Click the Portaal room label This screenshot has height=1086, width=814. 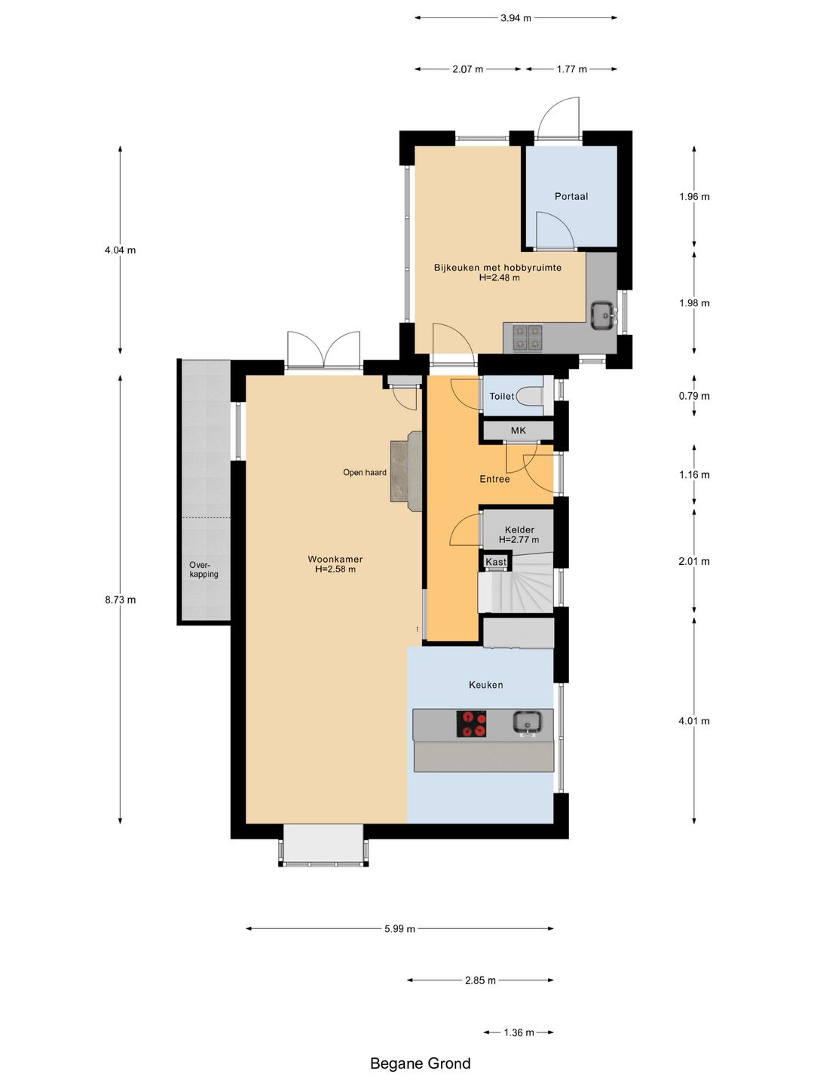(x=571, y=196)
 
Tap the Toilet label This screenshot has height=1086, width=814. (x=502, y=396)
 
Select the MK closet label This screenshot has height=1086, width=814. (x=519, y=431)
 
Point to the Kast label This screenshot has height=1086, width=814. (x=496, y=562)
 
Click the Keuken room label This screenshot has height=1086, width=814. (x=486, y=686)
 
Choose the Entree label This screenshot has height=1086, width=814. (x=494, y=480)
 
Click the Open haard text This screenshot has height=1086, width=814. (x=365, y=473)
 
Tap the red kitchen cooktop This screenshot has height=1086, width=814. (x=471, y=724)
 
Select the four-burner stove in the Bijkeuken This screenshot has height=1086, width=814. (x=528, y=338)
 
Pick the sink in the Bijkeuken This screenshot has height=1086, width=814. (x=604, y=315)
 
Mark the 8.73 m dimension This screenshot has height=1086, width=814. (x=121, y=600)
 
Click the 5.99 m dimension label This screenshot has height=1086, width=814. (x=399, y=929)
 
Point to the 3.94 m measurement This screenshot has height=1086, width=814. (x=516, y=18)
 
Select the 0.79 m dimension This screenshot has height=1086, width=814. (x=694, y=396)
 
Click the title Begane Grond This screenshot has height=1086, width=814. (x=421, y=1063)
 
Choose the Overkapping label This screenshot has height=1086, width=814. (x=203, y=570)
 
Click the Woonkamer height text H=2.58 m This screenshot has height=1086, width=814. (x=335, y=569)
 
